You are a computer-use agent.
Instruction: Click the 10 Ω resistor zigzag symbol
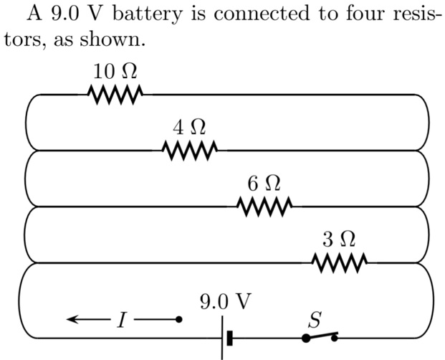click(115, 94)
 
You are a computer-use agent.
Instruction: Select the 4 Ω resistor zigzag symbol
click(190, 150)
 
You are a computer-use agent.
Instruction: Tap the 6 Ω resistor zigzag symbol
click(264, 207)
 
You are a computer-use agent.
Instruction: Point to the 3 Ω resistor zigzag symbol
click(340, 262)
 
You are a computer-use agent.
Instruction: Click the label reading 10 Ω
click(115, 72)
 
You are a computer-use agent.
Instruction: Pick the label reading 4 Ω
click(190, 128)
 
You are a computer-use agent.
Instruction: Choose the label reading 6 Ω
click(264, 184)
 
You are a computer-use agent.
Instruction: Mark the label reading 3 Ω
click(339, 239)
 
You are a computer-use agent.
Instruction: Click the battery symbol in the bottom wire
click(226, 336)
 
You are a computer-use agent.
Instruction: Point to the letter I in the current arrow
click(121, 320)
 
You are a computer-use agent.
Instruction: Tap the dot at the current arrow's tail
click(179, 319)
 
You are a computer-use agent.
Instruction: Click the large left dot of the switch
click(306, 338)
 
